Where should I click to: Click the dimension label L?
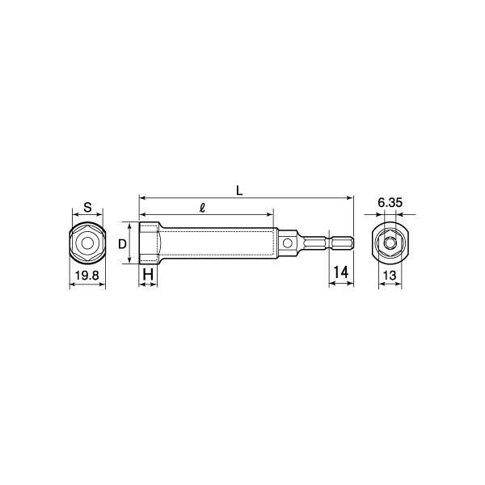[239, 191]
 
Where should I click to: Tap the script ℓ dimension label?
[203, 208]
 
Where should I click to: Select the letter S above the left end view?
[88, 207]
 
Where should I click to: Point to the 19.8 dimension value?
[87, 275]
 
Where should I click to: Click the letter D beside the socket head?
[123, 244]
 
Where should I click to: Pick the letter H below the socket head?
[148, 274]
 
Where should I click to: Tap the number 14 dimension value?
[340, 272]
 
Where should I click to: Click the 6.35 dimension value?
[390, 203]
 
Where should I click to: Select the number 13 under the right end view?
[390, 275]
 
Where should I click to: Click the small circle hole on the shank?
[287, 243]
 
